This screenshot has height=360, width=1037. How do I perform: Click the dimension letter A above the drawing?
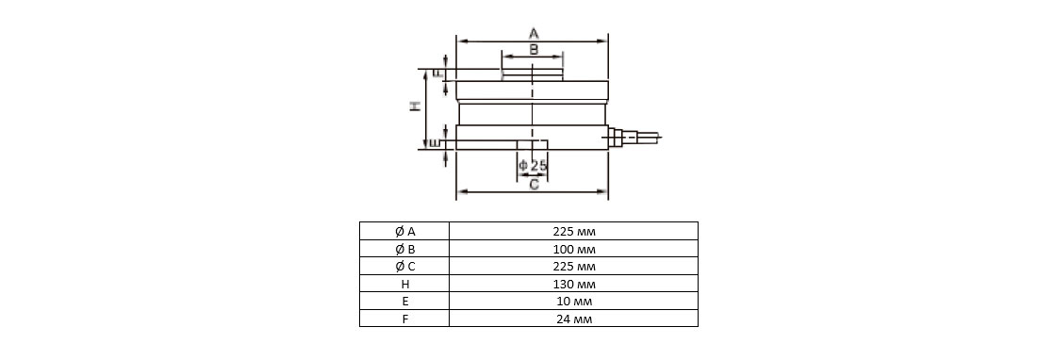point(534,33)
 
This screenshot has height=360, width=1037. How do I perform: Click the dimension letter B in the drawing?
point(534,49)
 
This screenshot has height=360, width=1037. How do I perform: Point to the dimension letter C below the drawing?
point(534,185)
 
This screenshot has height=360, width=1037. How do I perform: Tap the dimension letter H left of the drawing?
point(416,106)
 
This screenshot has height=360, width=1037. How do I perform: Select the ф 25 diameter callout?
point(533,165)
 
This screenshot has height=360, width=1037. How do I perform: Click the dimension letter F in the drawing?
point(437,74)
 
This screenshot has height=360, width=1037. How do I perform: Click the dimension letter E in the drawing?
point(435,143)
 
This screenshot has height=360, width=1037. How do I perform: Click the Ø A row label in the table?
point(404,231)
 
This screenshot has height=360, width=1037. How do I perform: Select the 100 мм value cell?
point(573,249)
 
